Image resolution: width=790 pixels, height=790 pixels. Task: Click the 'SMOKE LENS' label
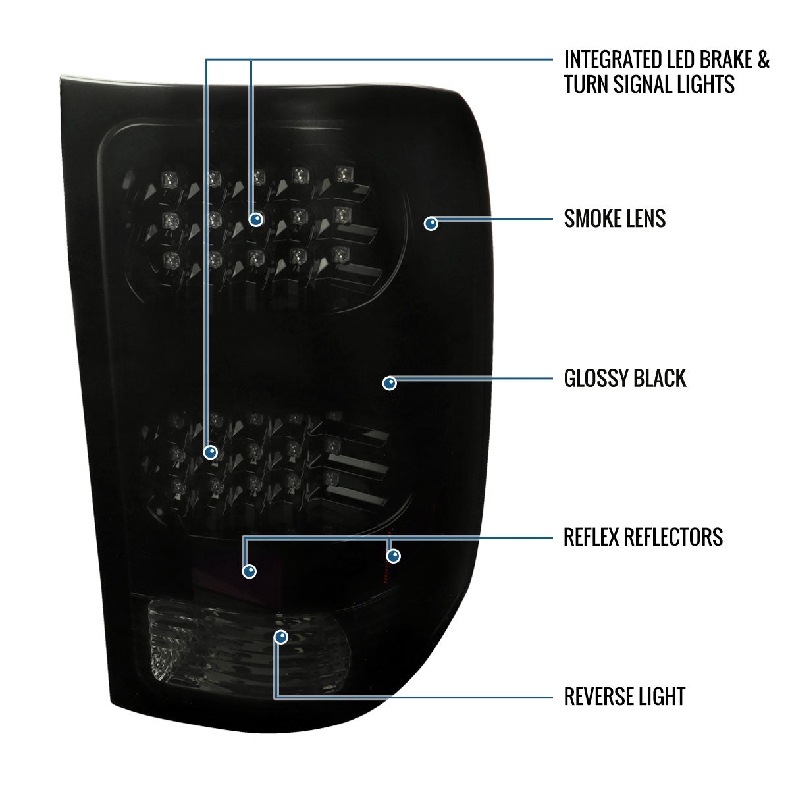click(x=614, y=219)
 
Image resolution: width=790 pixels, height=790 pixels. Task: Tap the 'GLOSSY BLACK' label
click(x=625, y=378)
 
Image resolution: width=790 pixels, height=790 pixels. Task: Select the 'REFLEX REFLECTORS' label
click(x=643, y=537)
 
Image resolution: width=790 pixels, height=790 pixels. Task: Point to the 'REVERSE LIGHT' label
click(x=624, y=697)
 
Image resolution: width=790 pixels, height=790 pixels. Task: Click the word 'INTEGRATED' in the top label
click(x=618, y=59)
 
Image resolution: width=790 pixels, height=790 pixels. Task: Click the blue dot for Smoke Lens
click(x=431, y=223)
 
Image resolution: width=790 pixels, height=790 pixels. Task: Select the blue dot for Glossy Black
click(x=390, y=383)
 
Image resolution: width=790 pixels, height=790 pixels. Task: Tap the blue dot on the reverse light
click(x=281, y=637)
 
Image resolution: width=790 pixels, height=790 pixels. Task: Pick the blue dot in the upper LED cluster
click(x=256, y=219)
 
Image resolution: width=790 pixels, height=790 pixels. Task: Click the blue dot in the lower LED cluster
click(x=211, y=452)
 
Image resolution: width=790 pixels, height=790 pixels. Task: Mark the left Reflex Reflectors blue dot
click(x=250, y=571)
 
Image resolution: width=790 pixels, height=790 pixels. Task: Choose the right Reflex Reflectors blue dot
click(x=394, y=556)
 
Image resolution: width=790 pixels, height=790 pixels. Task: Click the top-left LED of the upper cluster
click(x=169, y=179)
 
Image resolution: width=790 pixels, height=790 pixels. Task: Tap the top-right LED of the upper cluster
click(x=343, y=174)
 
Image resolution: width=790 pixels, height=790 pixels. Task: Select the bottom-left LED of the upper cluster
click(x=171, y=259)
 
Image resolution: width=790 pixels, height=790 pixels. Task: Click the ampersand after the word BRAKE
click(x=763, y=59)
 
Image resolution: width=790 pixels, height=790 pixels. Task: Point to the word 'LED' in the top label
click(x=685, y=59)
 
